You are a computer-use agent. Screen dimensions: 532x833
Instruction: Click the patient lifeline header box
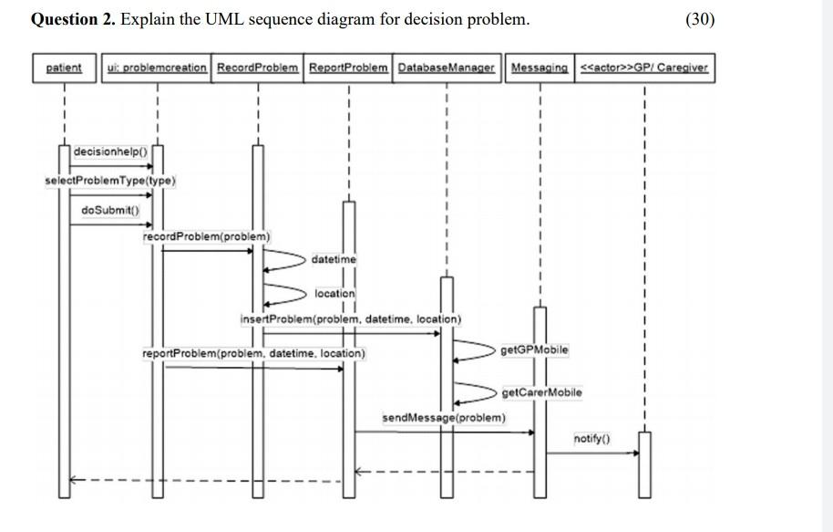pyautogui.click(x=64, y=68)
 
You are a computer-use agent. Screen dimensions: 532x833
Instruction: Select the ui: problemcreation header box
pyautogui.click(x=157, y=68)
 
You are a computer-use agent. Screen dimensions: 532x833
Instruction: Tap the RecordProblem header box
pyautogui.click(x=257, y=68)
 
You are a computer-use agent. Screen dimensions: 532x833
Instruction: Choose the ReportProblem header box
pyautogui.click(x=349, y=68)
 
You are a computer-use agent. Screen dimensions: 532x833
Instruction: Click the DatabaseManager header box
pyautogui.click(x=447, y=68)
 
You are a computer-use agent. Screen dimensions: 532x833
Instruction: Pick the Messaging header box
pyautogui.click(x=540, y=68)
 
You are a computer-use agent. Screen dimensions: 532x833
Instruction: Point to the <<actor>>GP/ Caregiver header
pyautogui.click(x=644, y=68)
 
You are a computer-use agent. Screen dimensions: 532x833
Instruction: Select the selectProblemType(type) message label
pyautogui.click(x=110, y=181)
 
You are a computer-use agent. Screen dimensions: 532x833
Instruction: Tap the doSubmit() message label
pyautogui.click(x=110, y=210)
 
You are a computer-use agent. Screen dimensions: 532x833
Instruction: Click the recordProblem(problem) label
pyautogui.click(x=206, y=236)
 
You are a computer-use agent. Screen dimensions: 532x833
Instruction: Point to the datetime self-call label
pyautogui.click(x=334, y=260)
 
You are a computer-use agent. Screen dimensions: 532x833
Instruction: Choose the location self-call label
pyautogui.click(x=334, y=294)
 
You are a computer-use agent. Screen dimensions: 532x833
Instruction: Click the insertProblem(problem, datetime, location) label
pyautogui.click(x=351, y=319)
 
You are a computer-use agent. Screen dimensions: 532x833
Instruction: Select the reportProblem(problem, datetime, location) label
pyautogui.click(x=253, y=353)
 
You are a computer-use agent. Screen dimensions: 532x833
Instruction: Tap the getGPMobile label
pyautogui.click(x=534, y=350)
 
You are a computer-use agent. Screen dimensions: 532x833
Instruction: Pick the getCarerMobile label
pyautogui.click(x=541, y=392)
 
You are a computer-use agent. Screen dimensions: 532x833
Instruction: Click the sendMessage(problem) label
pyautogui.click(x=443, y=418)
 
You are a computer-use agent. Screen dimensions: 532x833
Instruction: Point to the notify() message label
pyautogui.click(x=591, y=439)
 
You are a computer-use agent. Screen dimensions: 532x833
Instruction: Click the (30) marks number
pyautogui.click(x=699, y=19)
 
